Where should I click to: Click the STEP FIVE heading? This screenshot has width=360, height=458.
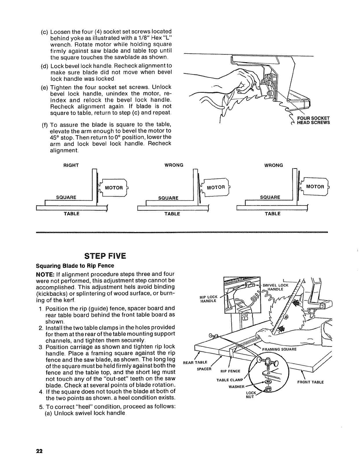click(x=105, y=256)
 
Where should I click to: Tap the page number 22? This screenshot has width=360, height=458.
click(x=40, y=451)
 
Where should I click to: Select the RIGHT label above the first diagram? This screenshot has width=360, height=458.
click(x=71, y=165)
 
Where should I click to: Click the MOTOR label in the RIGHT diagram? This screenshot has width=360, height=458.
click(x=114, y=188)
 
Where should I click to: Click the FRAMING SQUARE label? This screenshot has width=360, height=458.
click(x=279, y=349)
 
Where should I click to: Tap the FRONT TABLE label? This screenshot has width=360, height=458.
click(x=311, y=382)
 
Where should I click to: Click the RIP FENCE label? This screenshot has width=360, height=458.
click(x=230, y=371)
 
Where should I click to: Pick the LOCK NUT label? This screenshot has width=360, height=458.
click(x=250, y=395)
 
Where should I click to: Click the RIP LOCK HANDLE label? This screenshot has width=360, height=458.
click(x=208, y=299)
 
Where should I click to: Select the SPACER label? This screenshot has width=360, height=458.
click(x=204, y=369)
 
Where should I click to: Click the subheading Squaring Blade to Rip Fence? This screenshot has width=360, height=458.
click(x=75, y=265)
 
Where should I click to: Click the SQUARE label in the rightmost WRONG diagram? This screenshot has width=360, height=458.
click(x=270, y=197)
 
